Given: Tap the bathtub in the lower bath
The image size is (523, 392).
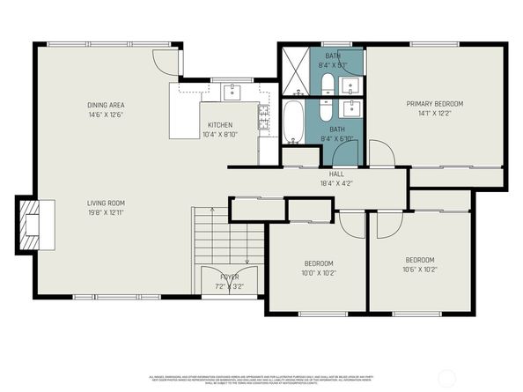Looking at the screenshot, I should click(292, 122).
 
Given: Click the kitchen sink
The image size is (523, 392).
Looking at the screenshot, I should click(234, 91).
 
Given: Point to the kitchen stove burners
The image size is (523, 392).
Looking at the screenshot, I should click(263, 115).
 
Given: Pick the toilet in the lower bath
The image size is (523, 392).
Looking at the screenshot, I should click(325, 111).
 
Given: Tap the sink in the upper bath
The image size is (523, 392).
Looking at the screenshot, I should click(350, 85).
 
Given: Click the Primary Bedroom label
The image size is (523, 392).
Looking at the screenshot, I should click(434, 104).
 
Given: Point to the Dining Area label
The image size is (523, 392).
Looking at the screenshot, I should click(106, 105).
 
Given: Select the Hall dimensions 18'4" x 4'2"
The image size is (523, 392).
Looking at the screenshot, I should click(335, 183).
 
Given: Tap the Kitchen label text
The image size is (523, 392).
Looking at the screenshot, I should click(220, 125).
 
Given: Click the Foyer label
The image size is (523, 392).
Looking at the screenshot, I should click(229, 277).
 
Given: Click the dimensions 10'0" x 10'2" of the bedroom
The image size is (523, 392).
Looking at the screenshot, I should click(319, 273).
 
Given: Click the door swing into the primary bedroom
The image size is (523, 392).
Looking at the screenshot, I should click(381, 154).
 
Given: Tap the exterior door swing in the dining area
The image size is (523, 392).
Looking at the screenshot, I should click(165, 60).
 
